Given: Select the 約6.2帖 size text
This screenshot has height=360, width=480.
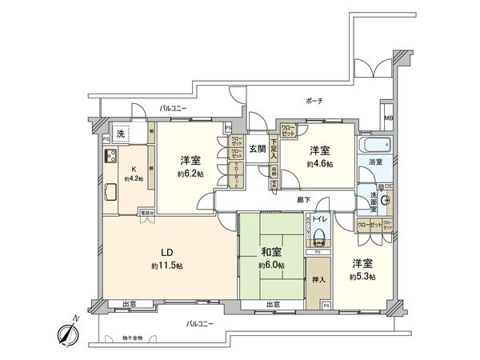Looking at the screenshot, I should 190,173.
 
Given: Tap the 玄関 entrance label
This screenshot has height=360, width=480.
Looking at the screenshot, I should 257,149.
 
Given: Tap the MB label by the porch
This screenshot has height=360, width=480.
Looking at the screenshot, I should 389,120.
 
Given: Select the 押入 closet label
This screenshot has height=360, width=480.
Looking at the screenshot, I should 318,281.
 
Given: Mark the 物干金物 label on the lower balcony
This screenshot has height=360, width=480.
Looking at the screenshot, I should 124,338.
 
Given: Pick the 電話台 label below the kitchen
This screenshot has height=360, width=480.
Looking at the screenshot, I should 146,213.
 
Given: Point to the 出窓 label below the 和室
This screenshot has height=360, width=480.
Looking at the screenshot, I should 272,305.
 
